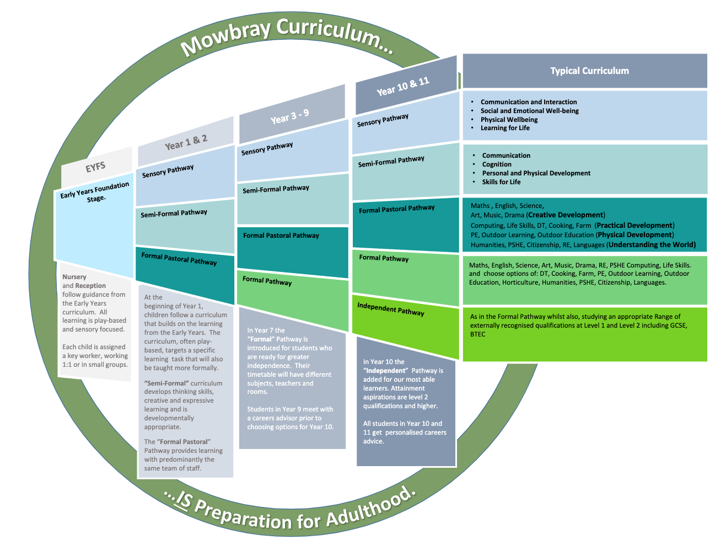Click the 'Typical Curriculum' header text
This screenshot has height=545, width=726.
click(589, 71)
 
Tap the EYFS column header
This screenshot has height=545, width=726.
click(95, 167)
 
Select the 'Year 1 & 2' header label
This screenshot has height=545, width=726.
click(186, 142)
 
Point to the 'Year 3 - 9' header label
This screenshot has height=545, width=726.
click(290, 116)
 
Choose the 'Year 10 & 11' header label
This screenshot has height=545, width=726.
click(403, 87)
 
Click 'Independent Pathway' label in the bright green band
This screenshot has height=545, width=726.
click(391, 309)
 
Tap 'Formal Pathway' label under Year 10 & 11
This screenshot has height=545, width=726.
click(384, 258)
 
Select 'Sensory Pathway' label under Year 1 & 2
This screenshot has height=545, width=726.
click(168, 171)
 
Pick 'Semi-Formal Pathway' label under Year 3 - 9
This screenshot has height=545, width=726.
click(276, 189)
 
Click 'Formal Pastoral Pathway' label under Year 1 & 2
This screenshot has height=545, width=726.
click(179, 259)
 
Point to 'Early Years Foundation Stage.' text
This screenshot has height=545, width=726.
click(95, 193)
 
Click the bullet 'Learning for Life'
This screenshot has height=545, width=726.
click(505, 128)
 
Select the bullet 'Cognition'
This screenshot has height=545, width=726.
click(497, 164)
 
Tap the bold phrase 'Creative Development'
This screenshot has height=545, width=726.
click(566, 215)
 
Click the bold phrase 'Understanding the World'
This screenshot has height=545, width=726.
click(652, 245)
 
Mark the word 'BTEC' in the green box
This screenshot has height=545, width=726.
click(477, 334)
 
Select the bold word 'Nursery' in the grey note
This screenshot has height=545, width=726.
click(74, 277)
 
